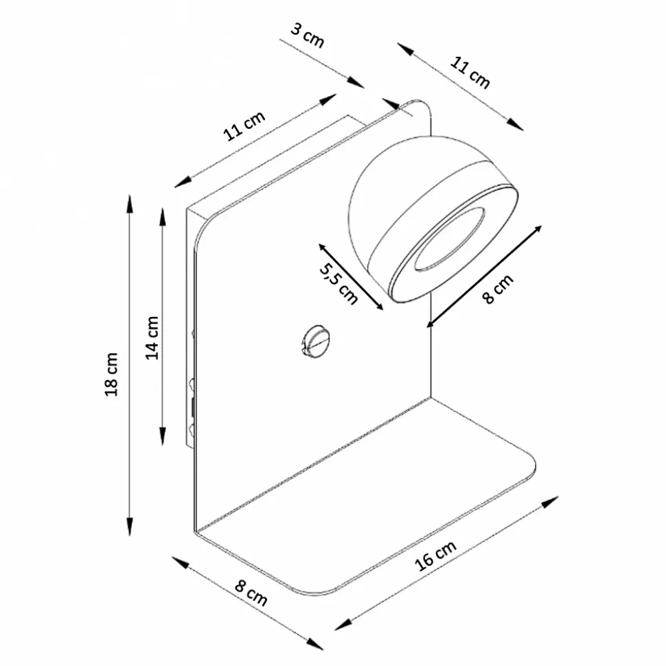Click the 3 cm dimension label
(x=308, y=35)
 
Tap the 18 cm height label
(x=111, y=374)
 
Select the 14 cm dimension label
(x=152, y=337)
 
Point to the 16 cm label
(x=435, y=556)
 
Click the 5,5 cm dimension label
(x=338, y=283)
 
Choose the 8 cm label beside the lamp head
(x=498, y=289)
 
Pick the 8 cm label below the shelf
(x=251, y=593)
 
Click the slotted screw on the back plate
(x=316, y=341)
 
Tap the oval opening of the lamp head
(x=450, y=239)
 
